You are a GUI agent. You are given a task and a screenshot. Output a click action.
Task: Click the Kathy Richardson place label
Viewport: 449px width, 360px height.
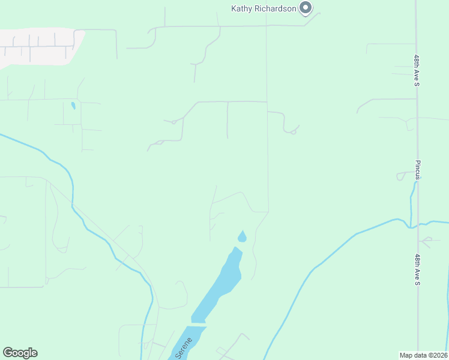(264, 8)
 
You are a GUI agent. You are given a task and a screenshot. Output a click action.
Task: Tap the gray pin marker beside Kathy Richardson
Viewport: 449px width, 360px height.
(306, 8)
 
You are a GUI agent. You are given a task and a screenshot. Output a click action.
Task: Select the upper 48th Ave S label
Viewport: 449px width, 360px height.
(416, 71)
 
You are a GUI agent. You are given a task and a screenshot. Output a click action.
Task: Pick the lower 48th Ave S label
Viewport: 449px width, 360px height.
(416, 269)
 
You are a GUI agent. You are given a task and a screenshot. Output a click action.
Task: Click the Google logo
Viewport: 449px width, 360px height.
(20, 353)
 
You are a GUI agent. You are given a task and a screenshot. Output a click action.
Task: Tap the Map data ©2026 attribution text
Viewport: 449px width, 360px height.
(423, 355)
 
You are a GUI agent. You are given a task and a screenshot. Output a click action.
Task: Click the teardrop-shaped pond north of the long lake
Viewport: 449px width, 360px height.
(242, 236)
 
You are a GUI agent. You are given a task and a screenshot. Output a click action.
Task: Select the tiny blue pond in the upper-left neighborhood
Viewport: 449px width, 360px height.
(73, 106)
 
